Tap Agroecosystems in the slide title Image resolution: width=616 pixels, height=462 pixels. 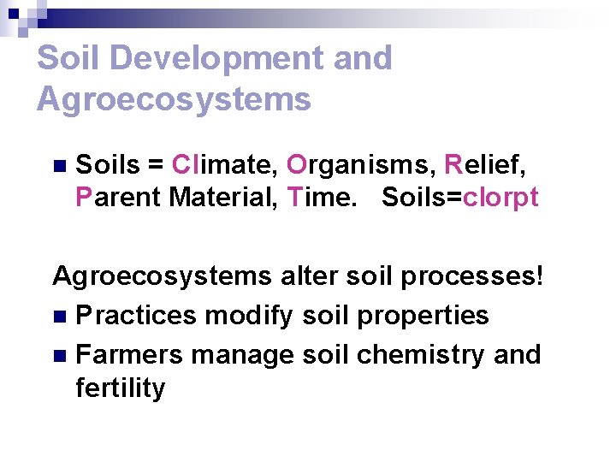click(x=174, y=99)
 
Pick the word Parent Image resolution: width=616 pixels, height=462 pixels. click(x=119, y=198)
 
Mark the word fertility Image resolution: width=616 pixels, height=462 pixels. click(x=120, y=388)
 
